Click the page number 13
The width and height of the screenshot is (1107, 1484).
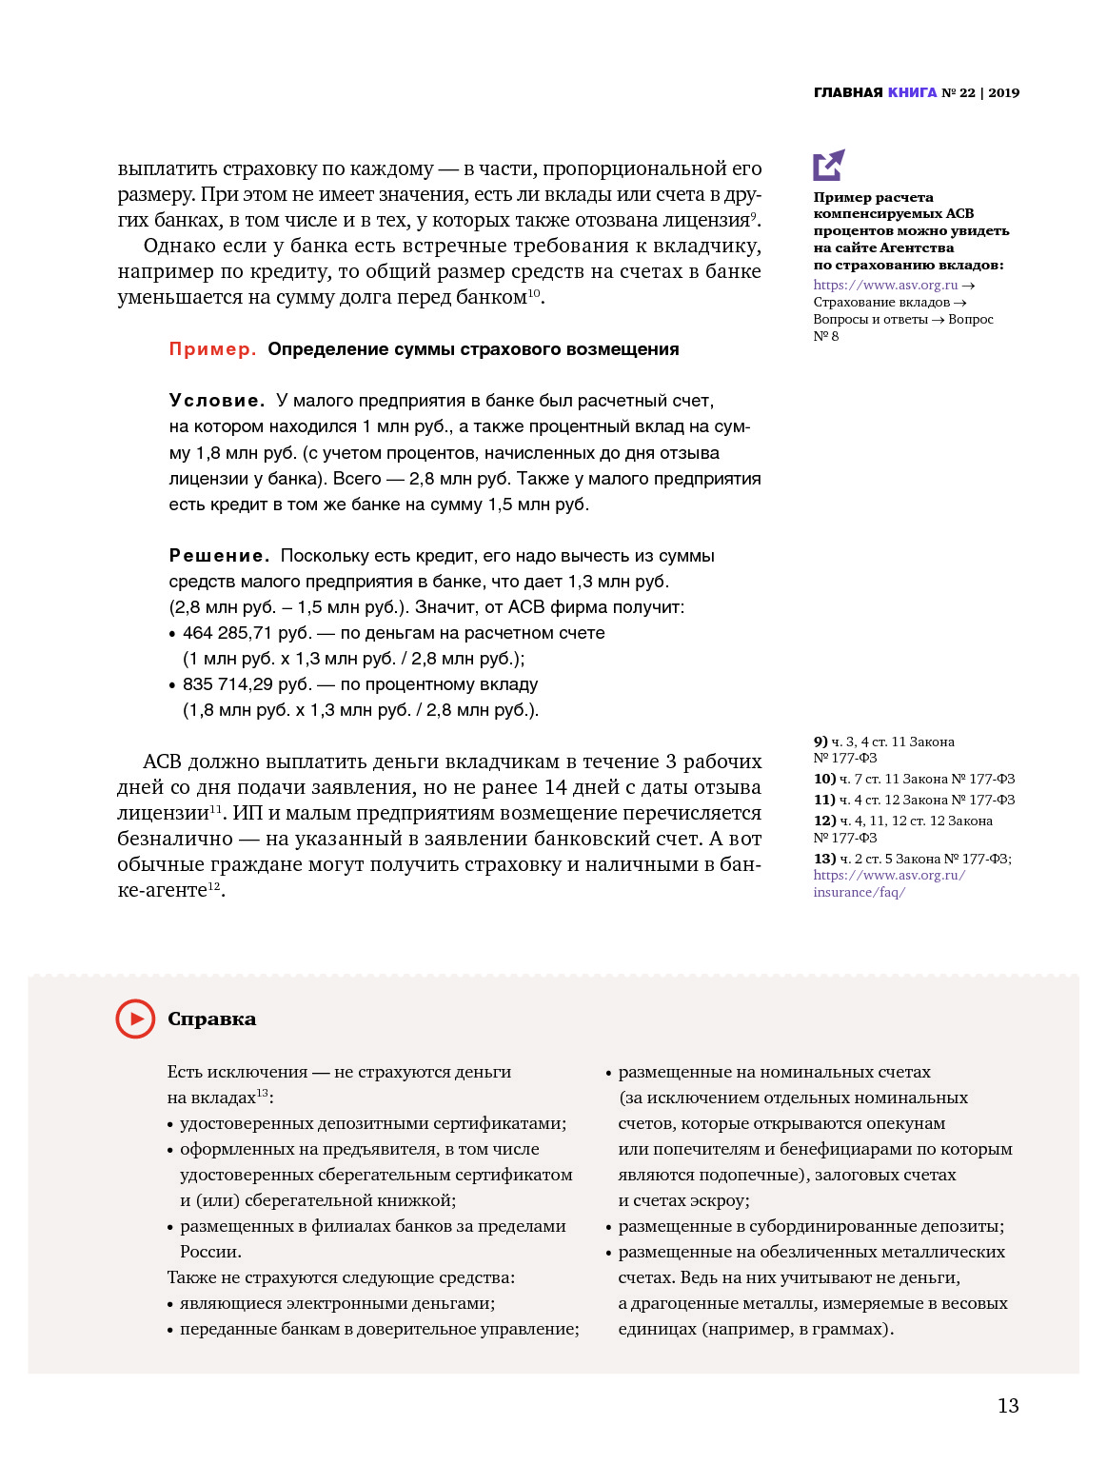(x=1008, y=1406)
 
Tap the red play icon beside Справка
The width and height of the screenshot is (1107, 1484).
(x=135, y=1019)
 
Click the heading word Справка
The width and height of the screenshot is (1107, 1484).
(x=211, y=1019)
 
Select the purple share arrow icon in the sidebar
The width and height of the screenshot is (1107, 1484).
(x=828, y=165)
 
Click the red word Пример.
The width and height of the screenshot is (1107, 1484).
(x=212, y=349)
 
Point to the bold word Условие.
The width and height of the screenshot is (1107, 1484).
(x=216, y=401)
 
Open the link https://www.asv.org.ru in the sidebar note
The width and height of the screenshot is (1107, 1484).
(x=885, y=285)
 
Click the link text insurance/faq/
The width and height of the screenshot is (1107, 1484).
(x=859, y=892)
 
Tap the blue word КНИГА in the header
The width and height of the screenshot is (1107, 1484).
(x=912, y=92)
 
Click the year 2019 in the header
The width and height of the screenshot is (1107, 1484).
(x=1003, y=92)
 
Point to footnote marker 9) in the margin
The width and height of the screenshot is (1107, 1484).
(x=820, y=742)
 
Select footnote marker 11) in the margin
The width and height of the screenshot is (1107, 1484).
(x=824, y=800)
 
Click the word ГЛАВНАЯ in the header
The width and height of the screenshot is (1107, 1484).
(x=848, y=92)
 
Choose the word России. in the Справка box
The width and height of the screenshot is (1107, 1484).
(x=210, y=1252)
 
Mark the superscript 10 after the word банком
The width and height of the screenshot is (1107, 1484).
(x=534, y=292)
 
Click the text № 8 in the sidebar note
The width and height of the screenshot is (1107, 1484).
(x=826, y=336)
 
